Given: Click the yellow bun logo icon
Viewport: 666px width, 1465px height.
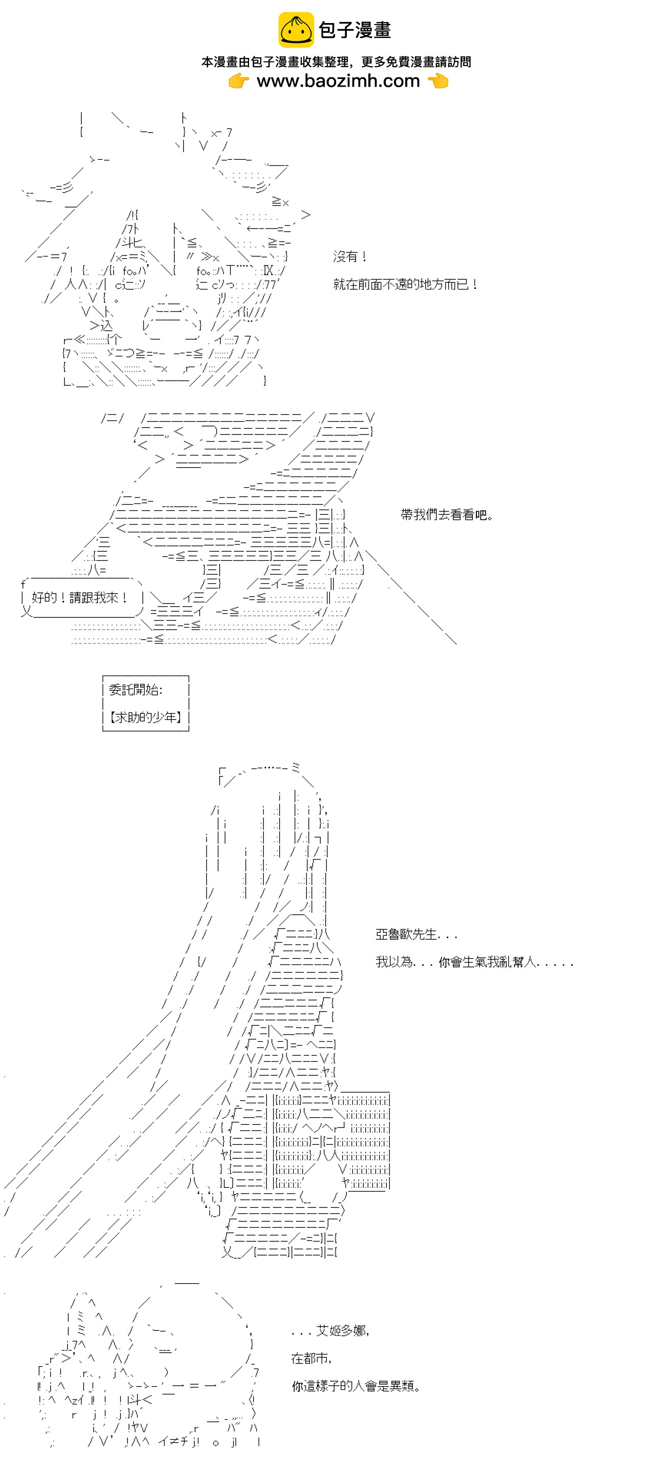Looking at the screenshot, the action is pyautogui.click(x=295, y=30).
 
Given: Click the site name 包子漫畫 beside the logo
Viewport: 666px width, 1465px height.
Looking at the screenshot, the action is pyautogui.click(x=355, y=30).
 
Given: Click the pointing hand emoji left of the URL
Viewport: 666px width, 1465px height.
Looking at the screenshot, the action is pyautogui.click(x=239, y=81).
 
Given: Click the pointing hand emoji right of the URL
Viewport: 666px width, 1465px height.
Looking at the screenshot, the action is pyautogui.click(x=438, y=81).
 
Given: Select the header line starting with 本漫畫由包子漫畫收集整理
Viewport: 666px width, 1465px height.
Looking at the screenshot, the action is pyautogui.click(x=336, y=62).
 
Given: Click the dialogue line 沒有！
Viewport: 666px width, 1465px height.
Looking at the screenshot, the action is pyautogui.click(x=350, y=257).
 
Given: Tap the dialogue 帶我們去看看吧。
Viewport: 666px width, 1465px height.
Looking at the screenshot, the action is pyautogui.click(x=447, y=515).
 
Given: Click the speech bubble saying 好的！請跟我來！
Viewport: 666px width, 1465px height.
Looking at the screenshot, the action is pyautogui.click(x=79, y=597).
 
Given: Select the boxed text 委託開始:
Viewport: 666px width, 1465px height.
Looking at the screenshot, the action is pyautogui.click(x=135, y=690).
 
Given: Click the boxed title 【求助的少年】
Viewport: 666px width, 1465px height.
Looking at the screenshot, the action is pyautogui.click(x=145, y=717).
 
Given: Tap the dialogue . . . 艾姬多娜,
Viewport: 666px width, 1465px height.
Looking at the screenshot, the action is pyautogui.click(x=330, y=1331).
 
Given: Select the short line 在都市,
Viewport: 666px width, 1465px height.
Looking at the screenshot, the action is pyautogui.click(x=311, y=1358).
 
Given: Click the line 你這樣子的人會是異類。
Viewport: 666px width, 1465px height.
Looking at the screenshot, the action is pyautogui.click(x=356, y=1386).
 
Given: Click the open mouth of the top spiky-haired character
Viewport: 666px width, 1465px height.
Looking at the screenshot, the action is pyautogui.click(x=171, y=321).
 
